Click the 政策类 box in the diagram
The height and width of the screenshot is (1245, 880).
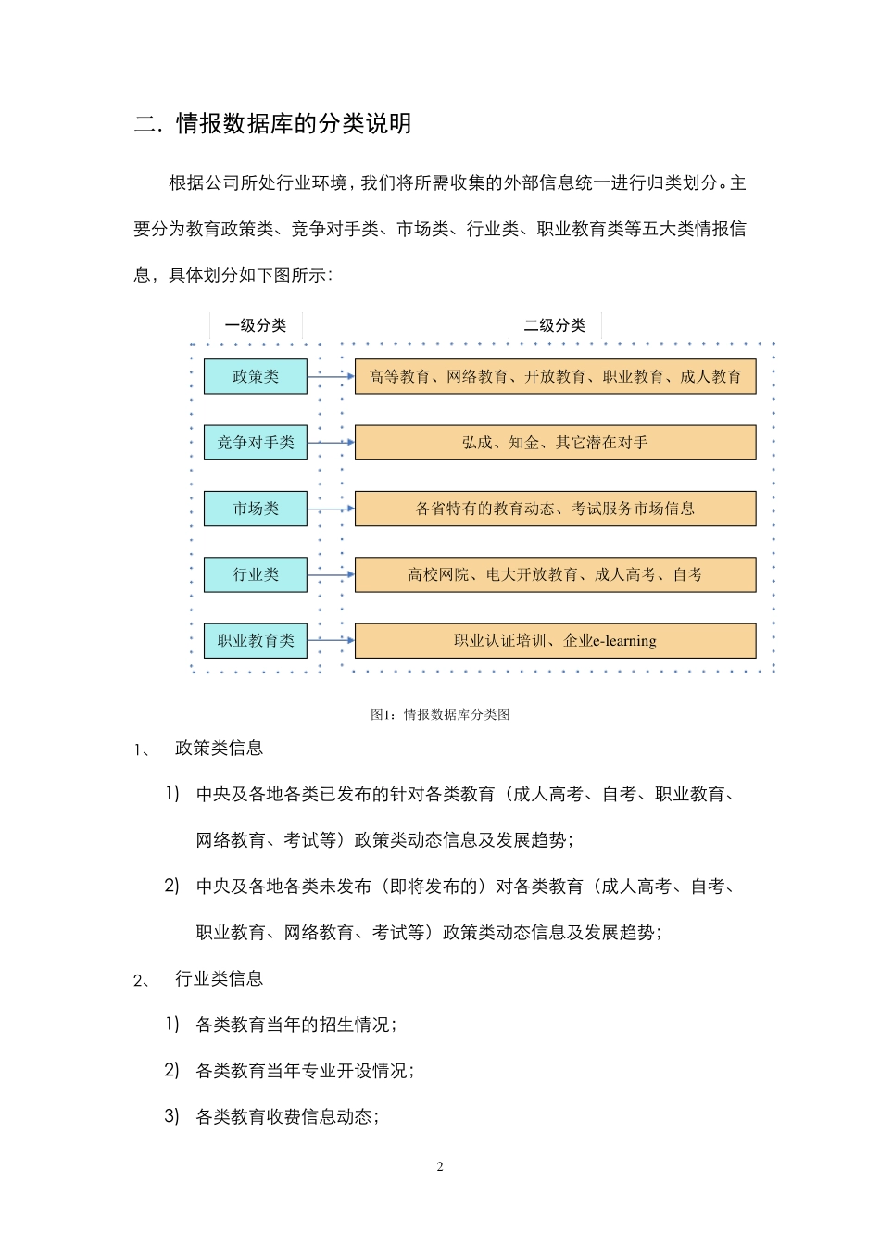tap(256, 376)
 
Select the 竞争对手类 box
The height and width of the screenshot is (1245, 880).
tap(256, 443)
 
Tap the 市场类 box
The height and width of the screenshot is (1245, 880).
tap(256, 509)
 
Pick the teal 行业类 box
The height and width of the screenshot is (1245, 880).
tap(256, 574)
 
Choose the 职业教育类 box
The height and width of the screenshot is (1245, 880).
tap(256, 640)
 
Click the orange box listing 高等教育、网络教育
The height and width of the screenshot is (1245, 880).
tap(555, 376)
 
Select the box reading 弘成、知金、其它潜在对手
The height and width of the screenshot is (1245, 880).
tap(555, 443)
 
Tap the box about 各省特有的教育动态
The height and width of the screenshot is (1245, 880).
tap(555, 509)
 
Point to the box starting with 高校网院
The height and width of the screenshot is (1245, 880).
tap(555, 574)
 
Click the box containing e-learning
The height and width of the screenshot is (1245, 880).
tap(555, 640)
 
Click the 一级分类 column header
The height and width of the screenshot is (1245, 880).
tap(256, 325)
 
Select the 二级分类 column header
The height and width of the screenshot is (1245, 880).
tap(555, 325)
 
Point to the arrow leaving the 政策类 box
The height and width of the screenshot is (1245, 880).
tap(331, 377)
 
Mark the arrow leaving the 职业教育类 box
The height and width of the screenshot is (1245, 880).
tap(331, 640)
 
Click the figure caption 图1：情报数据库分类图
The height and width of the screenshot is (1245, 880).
tap(440, 714)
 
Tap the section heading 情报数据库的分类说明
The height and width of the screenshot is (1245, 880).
tap(294, 124)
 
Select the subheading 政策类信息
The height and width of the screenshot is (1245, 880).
tap(219, 748)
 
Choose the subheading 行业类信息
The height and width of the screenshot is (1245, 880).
tap(219, 979)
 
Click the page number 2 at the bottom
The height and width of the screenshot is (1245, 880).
tap(440, 1166)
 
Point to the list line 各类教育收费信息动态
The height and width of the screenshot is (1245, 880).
tap(285, 1117)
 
